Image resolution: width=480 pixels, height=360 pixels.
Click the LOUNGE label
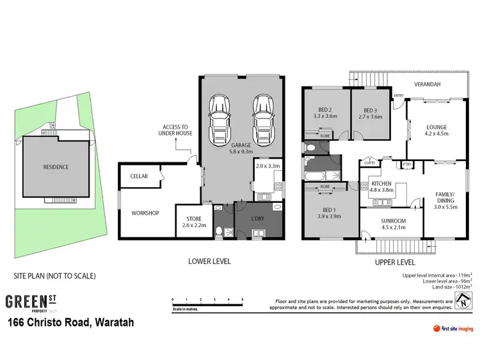point(436,127)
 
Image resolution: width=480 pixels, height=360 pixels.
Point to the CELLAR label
point(140,176)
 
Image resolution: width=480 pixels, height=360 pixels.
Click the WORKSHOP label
point(145,213)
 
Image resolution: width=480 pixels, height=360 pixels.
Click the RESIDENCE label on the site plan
point(56,167)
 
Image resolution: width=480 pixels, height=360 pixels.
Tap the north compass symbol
point(462,301)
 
